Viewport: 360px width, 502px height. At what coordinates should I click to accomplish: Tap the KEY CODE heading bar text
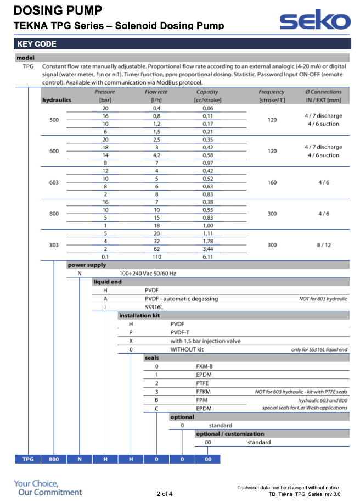[37, 44]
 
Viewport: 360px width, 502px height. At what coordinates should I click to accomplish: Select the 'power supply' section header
[87, 265]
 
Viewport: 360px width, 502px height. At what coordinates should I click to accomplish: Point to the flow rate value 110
[156, 256]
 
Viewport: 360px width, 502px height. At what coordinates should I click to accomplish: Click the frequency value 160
[272, 182]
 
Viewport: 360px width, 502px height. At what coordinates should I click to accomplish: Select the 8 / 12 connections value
[323, 245]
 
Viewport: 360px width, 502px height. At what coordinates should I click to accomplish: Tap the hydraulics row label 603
[54, 182]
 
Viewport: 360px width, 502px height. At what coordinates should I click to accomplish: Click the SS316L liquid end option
[155, 307]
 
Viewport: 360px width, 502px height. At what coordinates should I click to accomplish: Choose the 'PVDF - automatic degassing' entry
[181, 299]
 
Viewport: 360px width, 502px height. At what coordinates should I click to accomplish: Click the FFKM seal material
[204, 392]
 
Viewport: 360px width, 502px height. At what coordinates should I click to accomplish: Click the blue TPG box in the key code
[27, 459]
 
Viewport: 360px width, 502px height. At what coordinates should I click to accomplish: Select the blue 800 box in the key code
[54, 459]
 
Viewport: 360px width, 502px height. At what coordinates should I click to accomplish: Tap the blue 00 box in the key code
[207, 459]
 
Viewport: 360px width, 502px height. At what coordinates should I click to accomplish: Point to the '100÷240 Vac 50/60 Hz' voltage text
[148, 273]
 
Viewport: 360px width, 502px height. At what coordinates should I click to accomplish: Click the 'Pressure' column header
[105, 92]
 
